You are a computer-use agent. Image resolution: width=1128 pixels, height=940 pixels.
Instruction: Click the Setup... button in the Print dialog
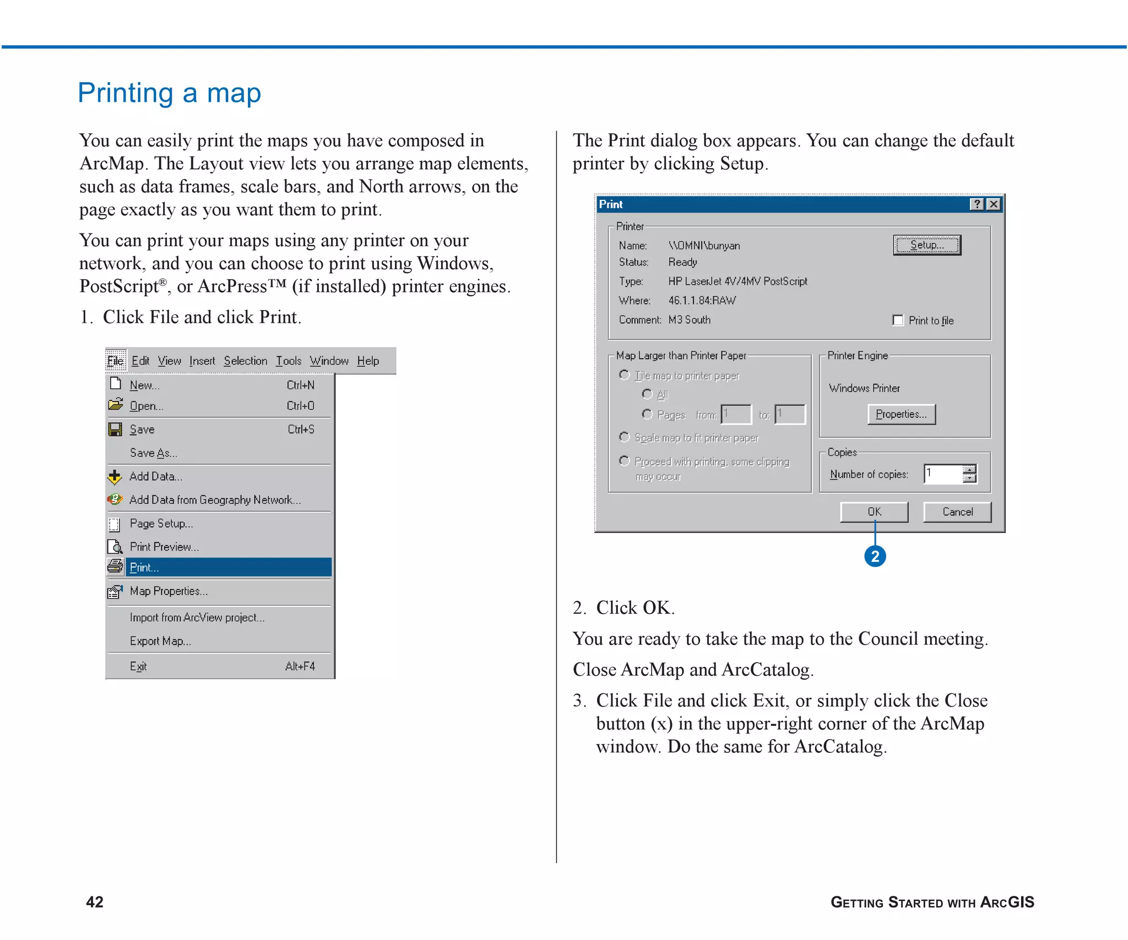(926, 245)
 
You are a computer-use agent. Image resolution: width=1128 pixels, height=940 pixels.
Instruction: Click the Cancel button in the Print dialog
(957, 512)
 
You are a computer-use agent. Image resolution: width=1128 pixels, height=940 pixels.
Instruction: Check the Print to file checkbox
(898, 320)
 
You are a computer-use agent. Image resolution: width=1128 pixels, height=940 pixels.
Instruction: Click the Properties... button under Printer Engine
(901, 414)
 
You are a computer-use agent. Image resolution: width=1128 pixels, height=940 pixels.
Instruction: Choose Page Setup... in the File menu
(161, 523)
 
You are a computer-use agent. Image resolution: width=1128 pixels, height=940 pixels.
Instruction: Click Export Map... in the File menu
(160, 641)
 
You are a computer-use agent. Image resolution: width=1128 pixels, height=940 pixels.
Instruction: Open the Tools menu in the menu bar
(289, 361)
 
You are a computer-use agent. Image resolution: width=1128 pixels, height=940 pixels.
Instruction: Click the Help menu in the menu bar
(368, 361)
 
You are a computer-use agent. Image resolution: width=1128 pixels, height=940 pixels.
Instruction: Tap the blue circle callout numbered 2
(875, 556)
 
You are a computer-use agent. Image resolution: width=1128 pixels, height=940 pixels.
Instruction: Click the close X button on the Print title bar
(993, 204)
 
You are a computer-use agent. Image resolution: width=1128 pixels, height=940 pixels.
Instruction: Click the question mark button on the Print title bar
(977, 204)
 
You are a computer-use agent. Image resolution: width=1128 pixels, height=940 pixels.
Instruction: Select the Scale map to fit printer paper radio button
(624, 437)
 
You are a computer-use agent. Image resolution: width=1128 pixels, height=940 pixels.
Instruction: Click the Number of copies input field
(943, 474)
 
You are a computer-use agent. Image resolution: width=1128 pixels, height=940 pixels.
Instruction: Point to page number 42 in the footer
(95, 901)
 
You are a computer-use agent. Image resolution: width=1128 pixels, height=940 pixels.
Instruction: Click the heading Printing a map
(169, 93)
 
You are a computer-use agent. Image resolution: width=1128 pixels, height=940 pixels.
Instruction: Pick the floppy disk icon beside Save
(115, 430)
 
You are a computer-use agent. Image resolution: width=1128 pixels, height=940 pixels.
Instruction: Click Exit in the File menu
(138, 666)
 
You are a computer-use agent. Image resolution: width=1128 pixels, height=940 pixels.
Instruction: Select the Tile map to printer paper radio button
(624, 375)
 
